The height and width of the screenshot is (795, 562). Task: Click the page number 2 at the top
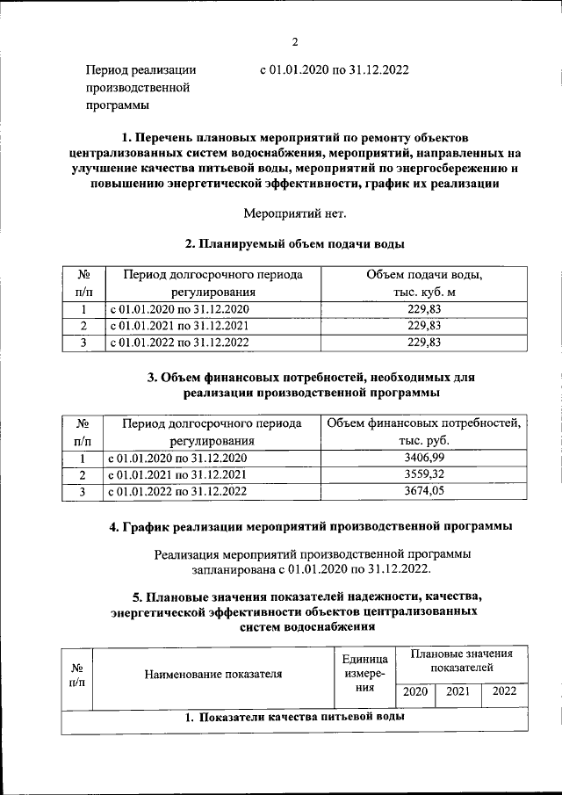coord(296,41)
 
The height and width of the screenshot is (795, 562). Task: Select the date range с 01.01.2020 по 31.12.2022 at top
coord(335,69)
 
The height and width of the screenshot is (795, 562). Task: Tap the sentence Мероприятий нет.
coord(294,212)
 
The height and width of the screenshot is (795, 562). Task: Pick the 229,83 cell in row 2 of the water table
coord(423,326)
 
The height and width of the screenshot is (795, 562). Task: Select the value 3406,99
coord(423,459)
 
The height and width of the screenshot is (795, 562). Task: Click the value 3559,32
coord(423,475)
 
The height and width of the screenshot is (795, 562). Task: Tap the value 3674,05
coord(423,492)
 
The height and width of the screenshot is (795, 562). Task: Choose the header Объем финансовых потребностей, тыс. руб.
coord(423,432)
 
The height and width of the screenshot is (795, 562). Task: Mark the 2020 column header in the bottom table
coord(415,691)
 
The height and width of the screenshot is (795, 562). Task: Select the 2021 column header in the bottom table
coord(458,691)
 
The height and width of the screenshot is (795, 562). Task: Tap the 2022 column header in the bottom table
coord(505,691)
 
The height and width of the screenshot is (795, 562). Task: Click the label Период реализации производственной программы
coord(140,88)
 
